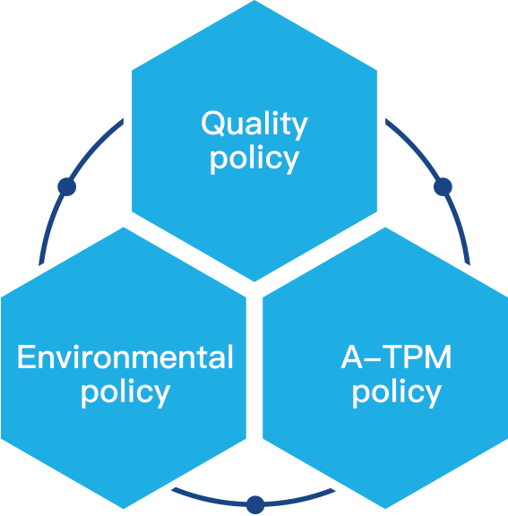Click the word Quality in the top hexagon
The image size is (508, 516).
[254, 125]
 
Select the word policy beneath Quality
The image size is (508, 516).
[254, 159]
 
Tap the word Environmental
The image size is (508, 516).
[125, 357]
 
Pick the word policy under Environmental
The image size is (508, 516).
[125, 393]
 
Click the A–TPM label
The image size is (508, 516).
[397, 357]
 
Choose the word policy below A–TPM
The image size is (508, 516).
[397, 393]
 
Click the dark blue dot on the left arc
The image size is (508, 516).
[67, 187]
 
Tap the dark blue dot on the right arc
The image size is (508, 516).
[443, 187]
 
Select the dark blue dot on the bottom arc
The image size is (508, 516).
[255, 505]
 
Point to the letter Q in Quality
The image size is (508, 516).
[213, 123]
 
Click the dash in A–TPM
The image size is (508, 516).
[373, 360]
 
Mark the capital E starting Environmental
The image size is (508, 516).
[26, 357]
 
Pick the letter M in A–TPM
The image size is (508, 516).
[439, 357]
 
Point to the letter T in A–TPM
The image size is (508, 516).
[393, 357]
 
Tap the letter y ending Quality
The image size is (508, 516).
[298, 128]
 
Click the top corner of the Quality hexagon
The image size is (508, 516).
[254, 0]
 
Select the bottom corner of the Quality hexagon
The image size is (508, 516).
[254, 282]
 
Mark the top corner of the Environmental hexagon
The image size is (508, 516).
[124, 227]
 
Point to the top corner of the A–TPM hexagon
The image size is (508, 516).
[385, 227]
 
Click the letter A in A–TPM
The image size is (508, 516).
[352, 357]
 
